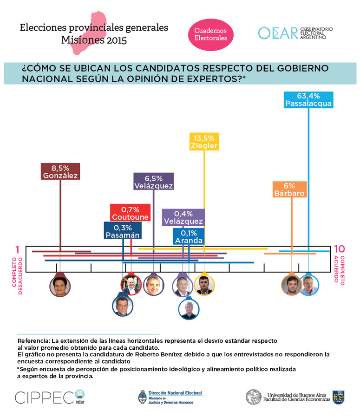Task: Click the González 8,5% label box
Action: [60, 171]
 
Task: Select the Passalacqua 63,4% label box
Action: [309, 100]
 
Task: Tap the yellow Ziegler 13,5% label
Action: [204, 142]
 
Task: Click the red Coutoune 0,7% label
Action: [131, 213]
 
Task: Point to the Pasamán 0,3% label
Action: [123, 231]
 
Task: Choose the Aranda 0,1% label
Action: [189, 236]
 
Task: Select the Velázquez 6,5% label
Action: [154, 182]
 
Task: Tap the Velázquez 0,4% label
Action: [183, 217]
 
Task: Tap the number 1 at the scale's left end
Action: [18, 250]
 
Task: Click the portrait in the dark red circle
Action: [60, 285]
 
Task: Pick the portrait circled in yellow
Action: [204, 285]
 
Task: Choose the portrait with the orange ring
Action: [291, 285]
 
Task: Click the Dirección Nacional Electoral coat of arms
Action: [142, 397]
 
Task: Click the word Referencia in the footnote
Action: [33, 341]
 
